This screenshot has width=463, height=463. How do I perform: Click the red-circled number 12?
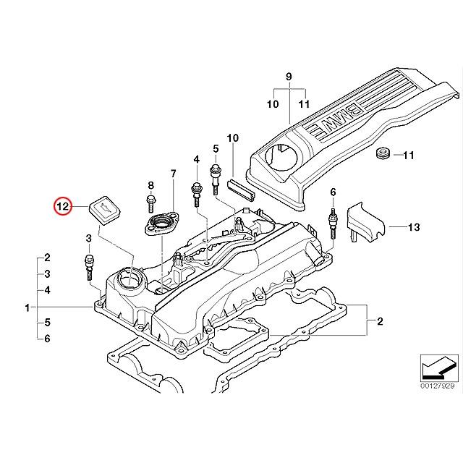[x=63, y=207]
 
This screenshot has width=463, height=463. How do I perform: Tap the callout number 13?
[x=413, y=227]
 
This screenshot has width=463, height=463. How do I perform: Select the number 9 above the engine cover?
[x=288, y=77]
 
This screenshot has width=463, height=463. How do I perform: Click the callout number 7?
[x=173, y=174]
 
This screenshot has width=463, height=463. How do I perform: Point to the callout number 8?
[x=150, y=186]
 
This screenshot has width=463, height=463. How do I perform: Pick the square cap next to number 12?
[x=103, y=211]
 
